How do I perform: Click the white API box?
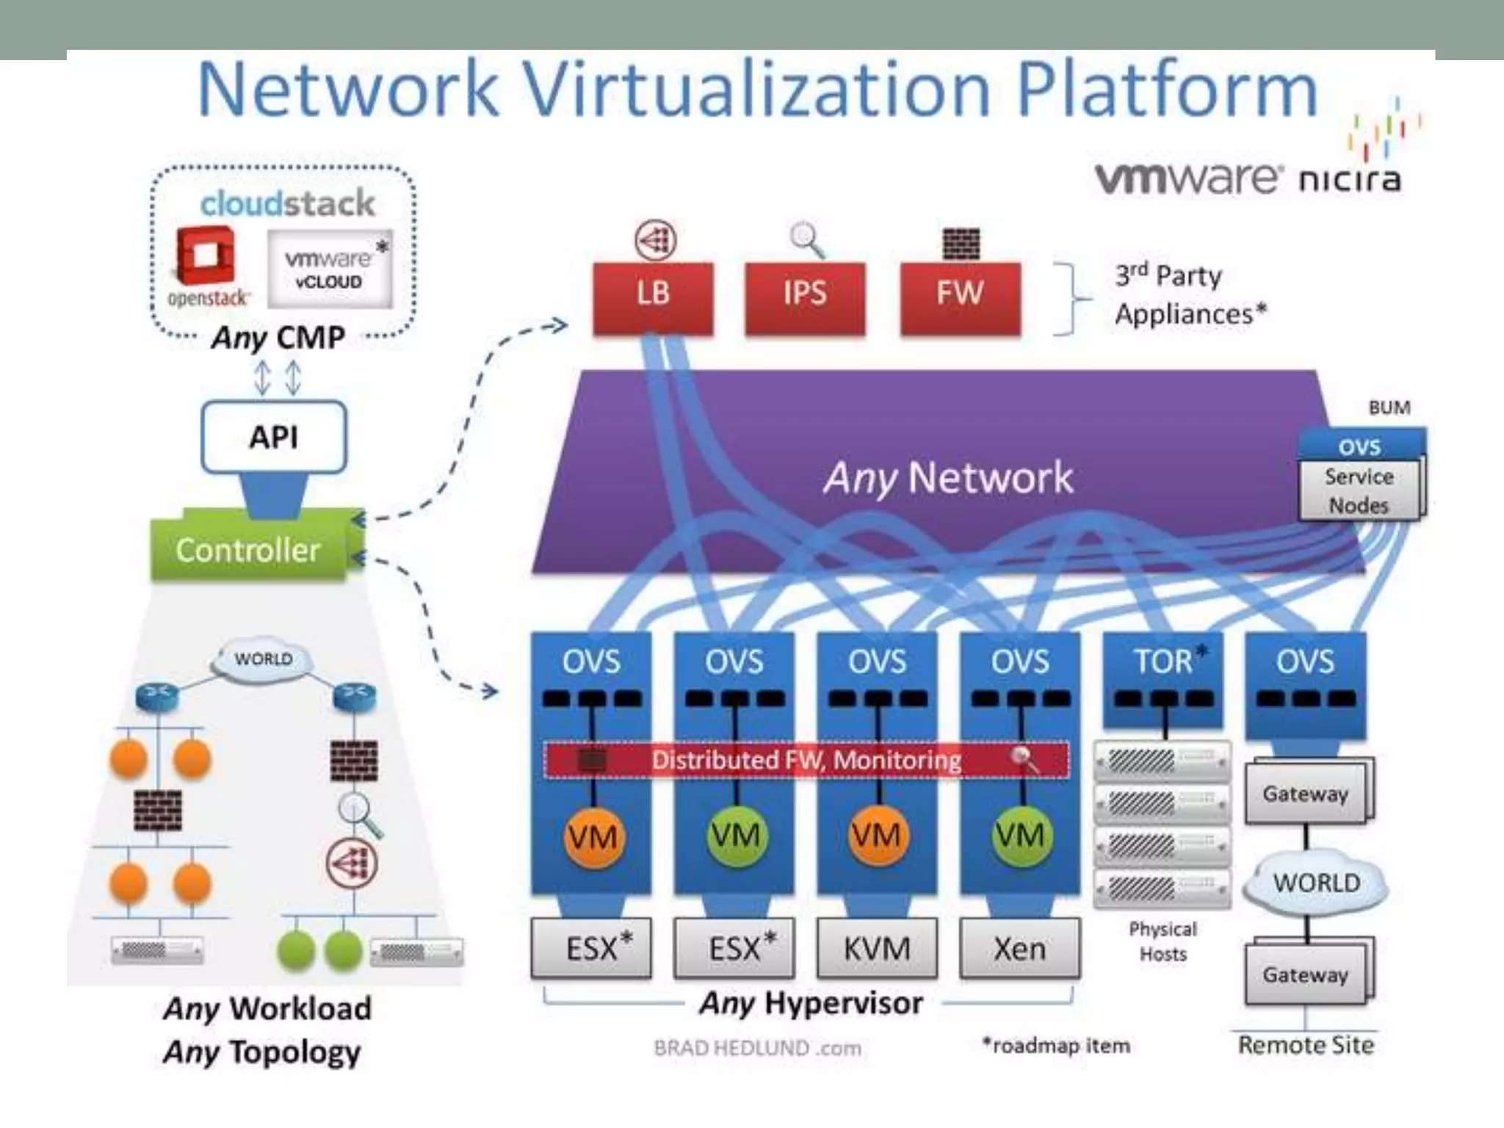(x=273, y=437)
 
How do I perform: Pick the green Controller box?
(x=248, y=550)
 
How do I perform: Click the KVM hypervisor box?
(x=877, y=948)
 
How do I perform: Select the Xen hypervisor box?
(x=1019, y=948)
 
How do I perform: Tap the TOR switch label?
(x=1164, y=661)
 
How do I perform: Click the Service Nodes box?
(x=1359, y=491)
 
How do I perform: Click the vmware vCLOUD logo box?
(x=329, y=269)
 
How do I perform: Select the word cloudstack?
(x=287, y=203)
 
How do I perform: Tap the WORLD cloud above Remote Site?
(x=1316, y=882)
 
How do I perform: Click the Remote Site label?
(x=1306, y=1044)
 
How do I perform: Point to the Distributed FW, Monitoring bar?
(x=806, y=760)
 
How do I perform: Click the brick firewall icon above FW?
(x=961, y=244)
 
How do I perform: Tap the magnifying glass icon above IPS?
(x=806, y=239)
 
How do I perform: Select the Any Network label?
(x=947, y=478)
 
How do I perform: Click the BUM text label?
(x=1389, y=408)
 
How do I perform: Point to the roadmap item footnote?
(x=1056, y=1045)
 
